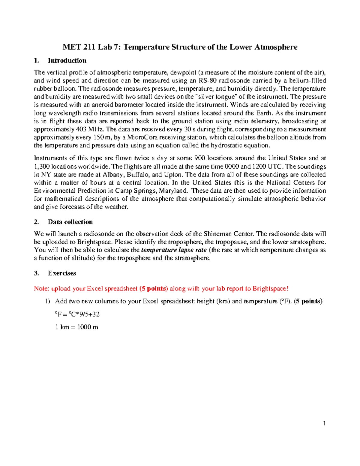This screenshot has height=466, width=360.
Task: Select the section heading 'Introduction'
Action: (x=67, y=61)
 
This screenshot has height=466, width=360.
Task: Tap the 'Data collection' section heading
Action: (x=70, y=222)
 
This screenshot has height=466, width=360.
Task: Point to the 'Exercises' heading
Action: (x=62, y=273)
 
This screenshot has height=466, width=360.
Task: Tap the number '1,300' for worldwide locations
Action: (x=42, y=167)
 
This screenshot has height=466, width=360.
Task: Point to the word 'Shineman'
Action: (x=217, y=234)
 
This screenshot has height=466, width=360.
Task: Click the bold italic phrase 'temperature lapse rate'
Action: (x=174, y=250)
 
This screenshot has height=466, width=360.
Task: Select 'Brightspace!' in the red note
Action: (x=270, y=289)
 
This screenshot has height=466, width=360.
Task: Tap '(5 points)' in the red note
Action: (x=154, y=289)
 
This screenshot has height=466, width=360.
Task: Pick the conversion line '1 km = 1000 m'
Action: (x=77, y=327)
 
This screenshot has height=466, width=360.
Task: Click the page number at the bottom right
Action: (x=324, y=423)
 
